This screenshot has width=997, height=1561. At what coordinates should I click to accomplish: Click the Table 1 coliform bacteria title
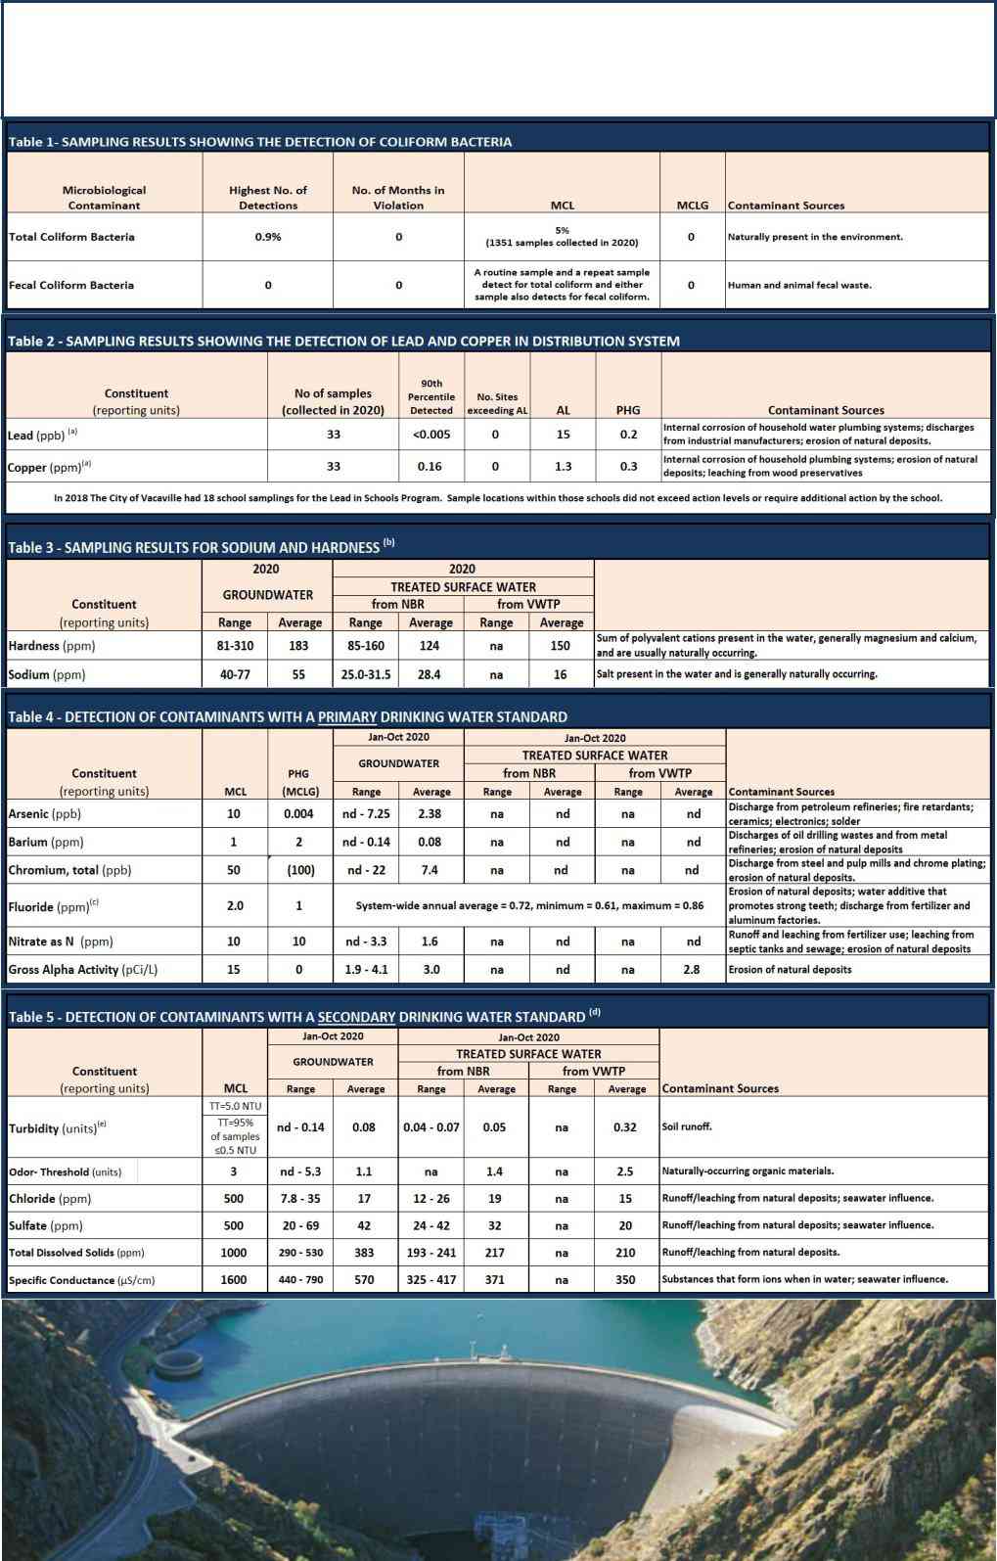click(x=259, y=142)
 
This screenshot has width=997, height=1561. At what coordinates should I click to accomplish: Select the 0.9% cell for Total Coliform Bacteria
click(x=267, y=237)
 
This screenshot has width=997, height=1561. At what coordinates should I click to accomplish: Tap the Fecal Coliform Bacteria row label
click(x=71, y=285)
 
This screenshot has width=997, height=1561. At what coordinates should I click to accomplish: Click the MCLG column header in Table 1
click(x=692, y=206)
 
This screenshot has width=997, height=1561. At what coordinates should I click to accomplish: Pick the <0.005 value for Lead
click(x=431, y=435)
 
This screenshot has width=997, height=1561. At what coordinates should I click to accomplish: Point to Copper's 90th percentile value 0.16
click(x=430, y=467)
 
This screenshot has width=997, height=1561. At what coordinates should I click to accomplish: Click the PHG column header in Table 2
click(x=628, y=410)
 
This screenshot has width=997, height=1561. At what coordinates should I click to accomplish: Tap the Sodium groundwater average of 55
click(x=298, y=674)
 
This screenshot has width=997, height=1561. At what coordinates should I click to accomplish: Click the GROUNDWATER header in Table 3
click(x=267, y=595)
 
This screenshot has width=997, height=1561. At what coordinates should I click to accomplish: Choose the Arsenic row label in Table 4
click(x=45, y=813)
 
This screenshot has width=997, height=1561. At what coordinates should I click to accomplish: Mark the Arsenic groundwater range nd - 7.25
click(x=366, y=813)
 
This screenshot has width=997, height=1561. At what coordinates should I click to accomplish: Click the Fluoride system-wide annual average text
click(x=529, y=906)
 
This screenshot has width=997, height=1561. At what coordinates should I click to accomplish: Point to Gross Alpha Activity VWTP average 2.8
click(x=692, y=970)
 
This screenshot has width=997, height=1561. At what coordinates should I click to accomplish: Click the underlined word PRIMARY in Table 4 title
click(x=347, y=717)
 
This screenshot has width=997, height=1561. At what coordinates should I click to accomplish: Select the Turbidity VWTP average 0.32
click(x=625, y=1127)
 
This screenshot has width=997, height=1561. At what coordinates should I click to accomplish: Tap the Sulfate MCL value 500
click(x=234, y=1225)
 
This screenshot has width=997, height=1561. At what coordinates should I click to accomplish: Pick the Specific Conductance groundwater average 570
click(x=364, y=1279)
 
